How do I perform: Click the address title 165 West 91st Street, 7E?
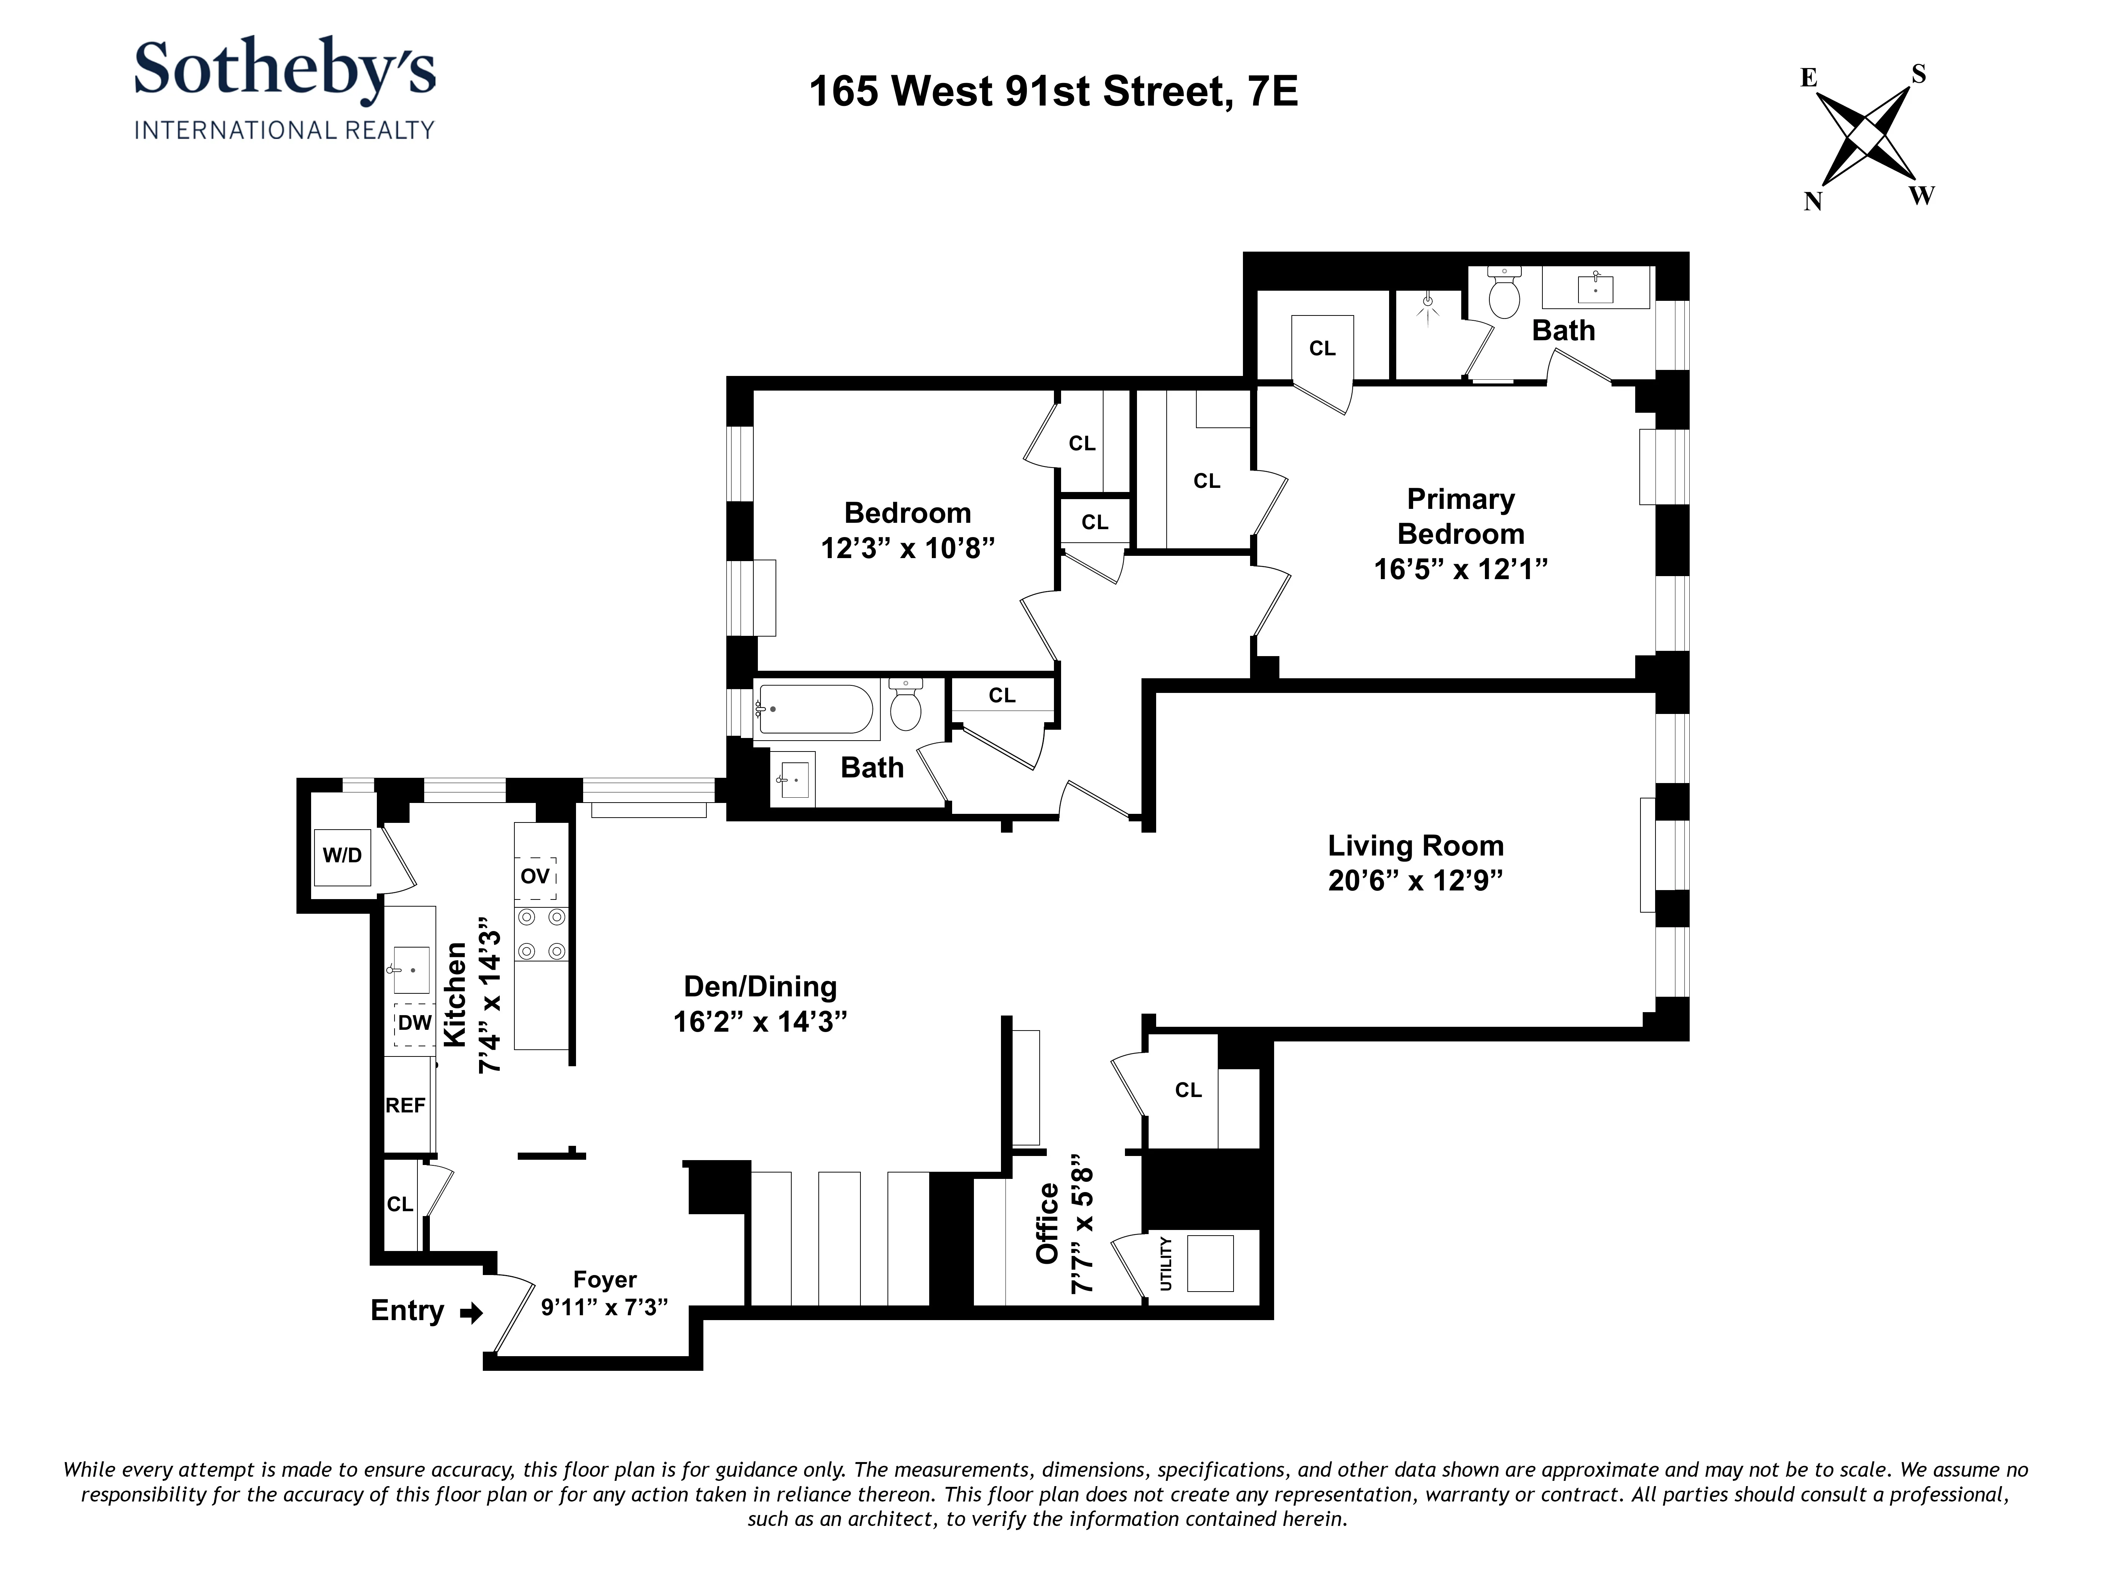tap(1053, 91)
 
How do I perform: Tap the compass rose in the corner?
tap(1866, 138)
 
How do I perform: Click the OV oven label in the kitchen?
tap(535, 876)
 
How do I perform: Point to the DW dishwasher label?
tap(414, 1023)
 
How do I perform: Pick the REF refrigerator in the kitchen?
tap(405, 1105)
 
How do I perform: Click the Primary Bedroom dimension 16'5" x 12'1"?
tap(1460, 569)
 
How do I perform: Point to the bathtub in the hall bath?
tap(816, 709)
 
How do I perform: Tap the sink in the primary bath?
tap(1596, 287)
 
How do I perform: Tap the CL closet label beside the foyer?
tap(400, 1204)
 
